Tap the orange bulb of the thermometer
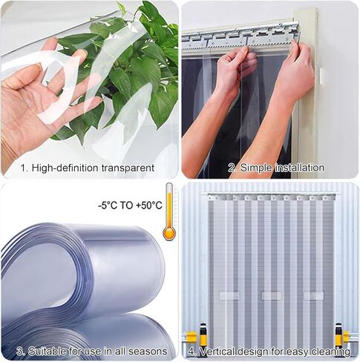tap(169, 233)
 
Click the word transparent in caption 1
tap(125, 168)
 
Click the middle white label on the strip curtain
tap(270, 295)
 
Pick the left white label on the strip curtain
tap(227, 295)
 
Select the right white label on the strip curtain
tap(312, 295)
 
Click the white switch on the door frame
tap(321, 76)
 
